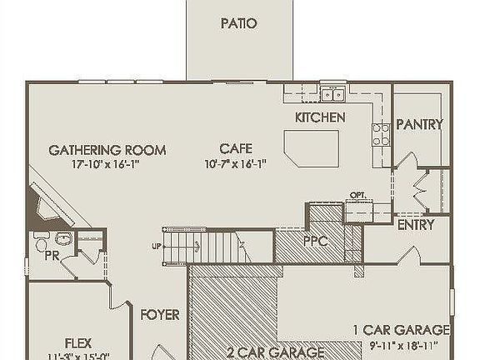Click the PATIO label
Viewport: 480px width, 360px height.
(x=238, y=23)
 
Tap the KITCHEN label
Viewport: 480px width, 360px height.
(x=320, y=117)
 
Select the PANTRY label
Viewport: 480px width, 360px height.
(x=419, y=124)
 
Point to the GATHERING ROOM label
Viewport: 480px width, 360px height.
(x=107, y=150)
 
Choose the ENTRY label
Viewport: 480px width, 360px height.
(x=414, y=224)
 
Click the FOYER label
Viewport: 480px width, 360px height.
(x=160, y=314)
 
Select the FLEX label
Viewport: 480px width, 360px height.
(x=78, y=342)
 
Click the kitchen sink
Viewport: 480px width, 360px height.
(x=332, y=92)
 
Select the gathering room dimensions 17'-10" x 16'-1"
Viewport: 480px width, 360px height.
(x=107, y=164)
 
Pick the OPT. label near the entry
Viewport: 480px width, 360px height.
(x=357, y=195)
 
